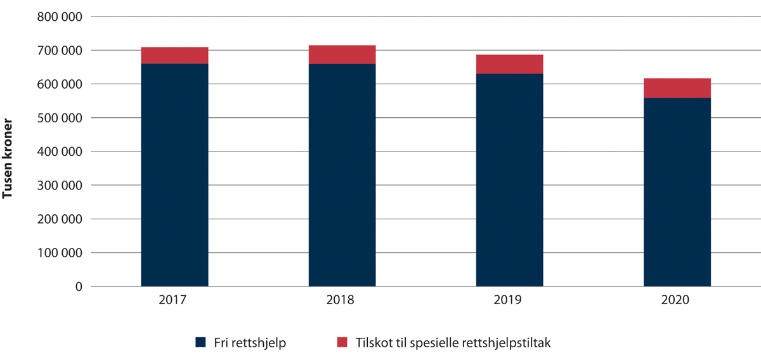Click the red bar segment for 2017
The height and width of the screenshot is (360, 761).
click(x=174, y=55)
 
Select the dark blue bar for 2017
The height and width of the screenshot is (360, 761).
click(x=174, y=175)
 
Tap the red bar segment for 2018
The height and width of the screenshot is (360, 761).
click(x=342, y=55)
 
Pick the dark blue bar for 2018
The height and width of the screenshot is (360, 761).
click(x=342, y=175)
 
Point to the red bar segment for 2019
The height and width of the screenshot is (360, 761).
click(x=509, y=64)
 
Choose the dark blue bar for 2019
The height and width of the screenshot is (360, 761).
click(x=509, y=180)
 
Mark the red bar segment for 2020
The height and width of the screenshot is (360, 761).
click(x=677, y=88)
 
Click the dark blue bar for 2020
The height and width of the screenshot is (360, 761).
click(x=677, y=192)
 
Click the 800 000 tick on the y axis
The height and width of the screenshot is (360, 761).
click(x=61, y=17)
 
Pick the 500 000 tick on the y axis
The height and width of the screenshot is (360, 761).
click(x=61, y=118)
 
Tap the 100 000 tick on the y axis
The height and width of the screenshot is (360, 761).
click(x=61, y=253)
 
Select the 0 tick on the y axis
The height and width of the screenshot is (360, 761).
click(x=79, y=286)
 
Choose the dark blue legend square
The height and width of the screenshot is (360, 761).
click(x=201, y=342)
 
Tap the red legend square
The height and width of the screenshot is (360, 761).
click(x=342, y=342)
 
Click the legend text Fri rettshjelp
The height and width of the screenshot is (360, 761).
click(x=249, y=342)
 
